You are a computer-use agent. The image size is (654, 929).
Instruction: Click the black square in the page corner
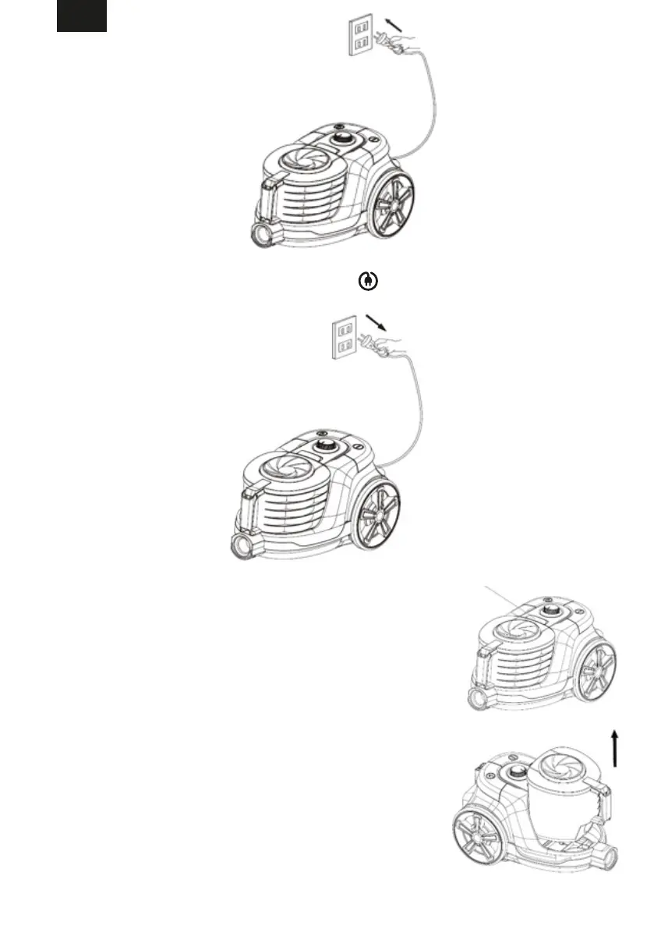tap(82, 16)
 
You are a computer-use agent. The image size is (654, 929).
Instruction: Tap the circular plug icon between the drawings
tap(364, 282)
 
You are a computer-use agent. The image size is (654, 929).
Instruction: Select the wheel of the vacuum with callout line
tap(598, 670)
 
